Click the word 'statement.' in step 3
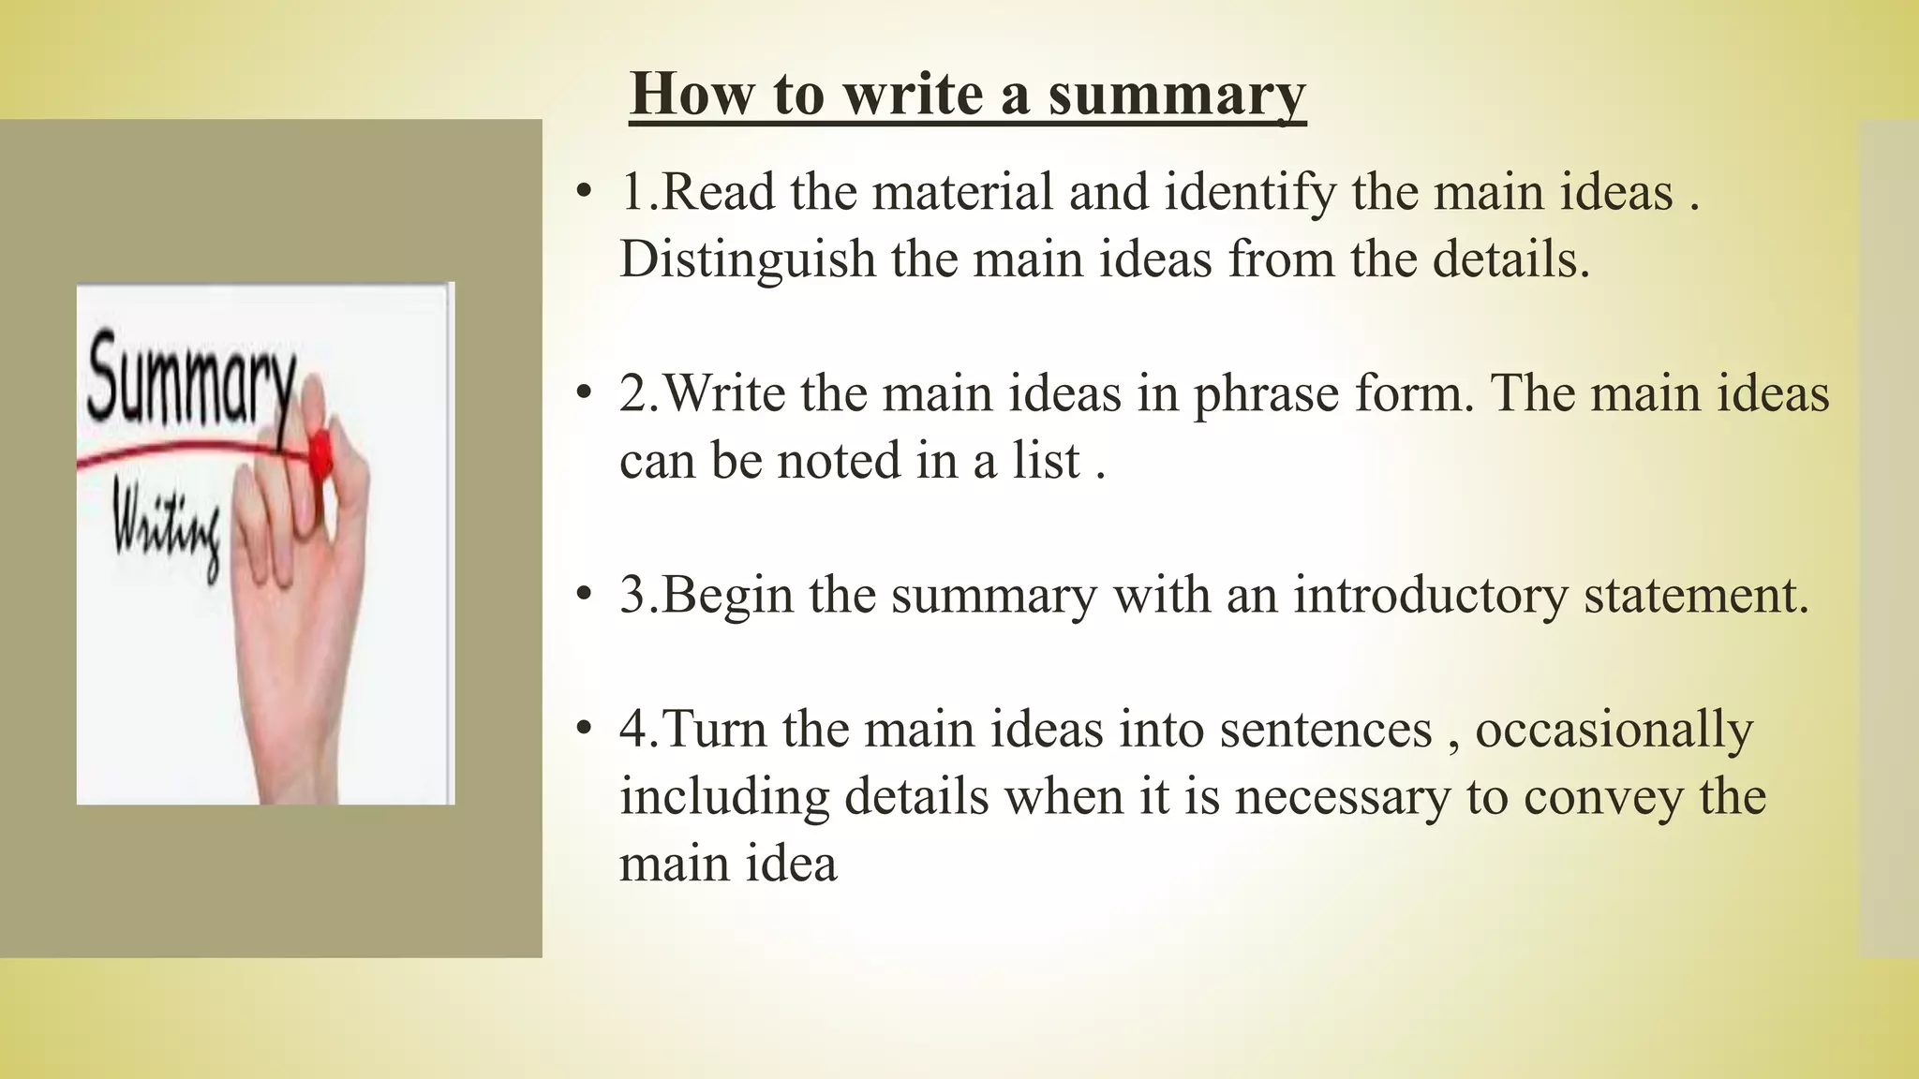click(x=1696, y=595)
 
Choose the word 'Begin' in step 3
click(x=727, y=595)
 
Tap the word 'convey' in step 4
click(x=1603, y=797)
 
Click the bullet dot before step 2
click(x=585, y=393)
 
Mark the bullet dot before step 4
click(x=585, y=730)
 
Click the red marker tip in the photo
click(x=320, y=454)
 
